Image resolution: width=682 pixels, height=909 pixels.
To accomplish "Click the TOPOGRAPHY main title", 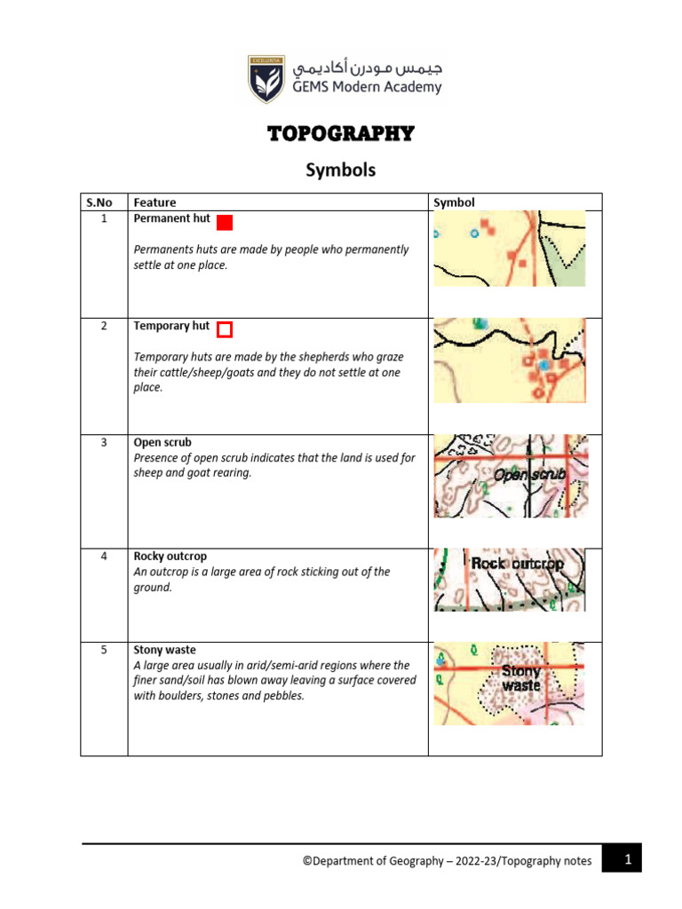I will [341, 134].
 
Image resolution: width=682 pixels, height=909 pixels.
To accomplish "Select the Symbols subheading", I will [341, 170].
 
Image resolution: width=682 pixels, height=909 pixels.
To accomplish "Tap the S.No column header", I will [103, 202].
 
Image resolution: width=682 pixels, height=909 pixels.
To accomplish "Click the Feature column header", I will [155, 202].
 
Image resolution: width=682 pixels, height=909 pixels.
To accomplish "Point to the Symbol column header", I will [454, 202].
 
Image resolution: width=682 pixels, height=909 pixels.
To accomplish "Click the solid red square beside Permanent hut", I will [225, 223].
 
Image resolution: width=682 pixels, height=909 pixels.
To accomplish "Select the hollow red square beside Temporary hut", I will [225, 330].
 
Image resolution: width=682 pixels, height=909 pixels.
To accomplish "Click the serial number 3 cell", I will [103, 442].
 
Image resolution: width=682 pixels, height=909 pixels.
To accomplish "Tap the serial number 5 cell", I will [103, 650].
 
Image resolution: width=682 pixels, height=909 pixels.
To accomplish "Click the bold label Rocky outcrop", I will [170, 557].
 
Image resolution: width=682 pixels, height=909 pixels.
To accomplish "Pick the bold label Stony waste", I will [164, 650].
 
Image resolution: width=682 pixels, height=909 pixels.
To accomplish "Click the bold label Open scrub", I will [163, 442].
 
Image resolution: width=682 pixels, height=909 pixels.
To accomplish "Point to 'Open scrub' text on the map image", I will [529, 475].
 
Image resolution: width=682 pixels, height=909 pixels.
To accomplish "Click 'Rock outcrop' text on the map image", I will [517, 564].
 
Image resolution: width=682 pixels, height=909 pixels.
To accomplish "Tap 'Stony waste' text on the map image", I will [521, 679].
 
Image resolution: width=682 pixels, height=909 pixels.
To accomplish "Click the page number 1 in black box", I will [627, 859].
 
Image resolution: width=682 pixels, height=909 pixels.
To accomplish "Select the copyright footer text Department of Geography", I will [447, 861].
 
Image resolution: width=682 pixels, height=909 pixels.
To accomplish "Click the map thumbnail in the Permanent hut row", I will [509, 249].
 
